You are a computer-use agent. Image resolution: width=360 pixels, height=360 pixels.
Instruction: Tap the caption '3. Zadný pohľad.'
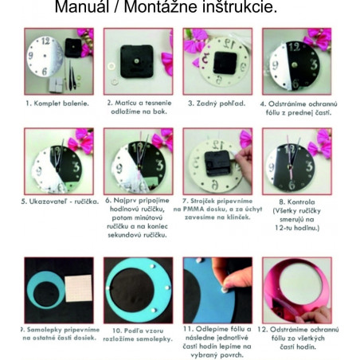[217, 104]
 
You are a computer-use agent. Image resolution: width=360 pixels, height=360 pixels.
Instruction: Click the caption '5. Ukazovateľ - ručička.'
[59, 202]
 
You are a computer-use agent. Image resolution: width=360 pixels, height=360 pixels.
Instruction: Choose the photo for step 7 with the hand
[217, 161]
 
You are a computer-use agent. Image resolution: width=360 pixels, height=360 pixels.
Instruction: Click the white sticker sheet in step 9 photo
[79, 288]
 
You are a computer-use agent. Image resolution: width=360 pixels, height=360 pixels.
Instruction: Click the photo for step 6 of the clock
[138, 161]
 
